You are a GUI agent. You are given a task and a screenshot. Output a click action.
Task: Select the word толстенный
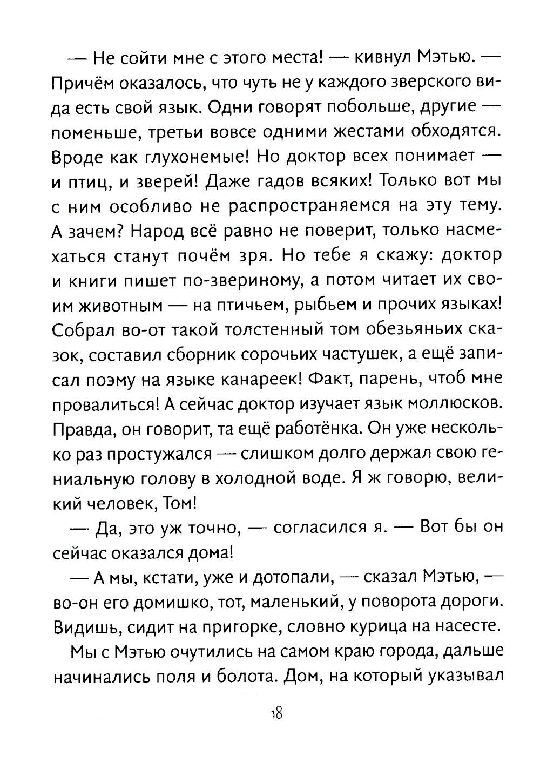click(x=252, y=330)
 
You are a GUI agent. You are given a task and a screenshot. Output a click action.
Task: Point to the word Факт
click(x=332, y=380)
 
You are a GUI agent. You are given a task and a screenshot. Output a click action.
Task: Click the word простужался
click(x=158, y=455)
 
